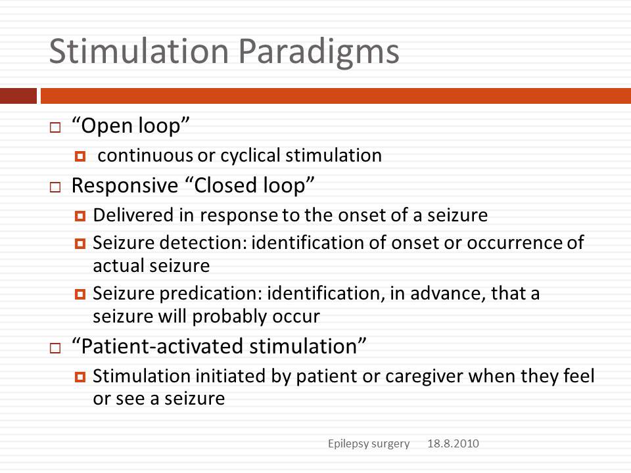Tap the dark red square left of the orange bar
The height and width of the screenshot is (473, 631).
18,96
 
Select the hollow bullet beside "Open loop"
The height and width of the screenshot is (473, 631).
55,127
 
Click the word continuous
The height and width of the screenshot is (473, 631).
145,155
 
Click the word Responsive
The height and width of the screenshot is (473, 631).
125,186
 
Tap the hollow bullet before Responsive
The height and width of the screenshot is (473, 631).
55,187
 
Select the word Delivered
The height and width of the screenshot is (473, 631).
133,215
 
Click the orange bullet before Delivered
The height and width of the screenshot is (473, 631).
80,216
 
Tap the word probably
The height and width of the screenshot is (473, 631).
229,317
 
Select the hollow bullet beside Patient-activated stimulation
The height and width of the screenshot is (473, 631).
55,348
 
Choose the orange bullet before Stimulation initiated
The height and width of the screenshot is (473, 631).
80,377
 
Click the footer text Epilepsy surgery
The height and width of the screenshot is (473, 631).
369,443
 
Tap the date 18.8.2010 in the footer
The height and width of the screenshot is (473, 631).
453,443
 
